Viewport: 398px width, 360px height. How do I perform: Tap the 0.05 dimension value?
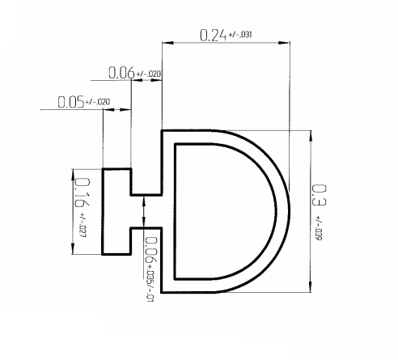coord(70,104)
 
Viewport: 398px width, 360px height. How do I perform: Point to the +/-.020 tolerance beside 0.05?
coord(99,102)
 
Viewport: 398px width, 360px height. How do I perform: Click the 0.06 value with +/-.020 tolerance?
coord(121,74)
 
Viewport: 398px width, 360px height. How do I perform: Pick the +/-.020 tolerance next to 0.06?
coord(149,74)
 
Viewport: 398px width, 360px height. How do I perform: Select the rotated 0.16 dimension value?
coord(82,196)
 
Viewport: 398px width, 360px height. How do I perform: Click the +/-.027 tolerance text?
coord(82,231)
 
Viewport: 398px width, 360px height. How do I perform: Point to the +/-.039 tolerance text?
coord(318,230)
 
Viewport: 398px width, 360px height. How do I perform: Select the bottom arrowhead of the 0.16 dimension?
coord(74,251)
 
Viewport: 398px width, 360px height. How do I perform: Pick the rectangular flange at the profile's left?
coord(116,211)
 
